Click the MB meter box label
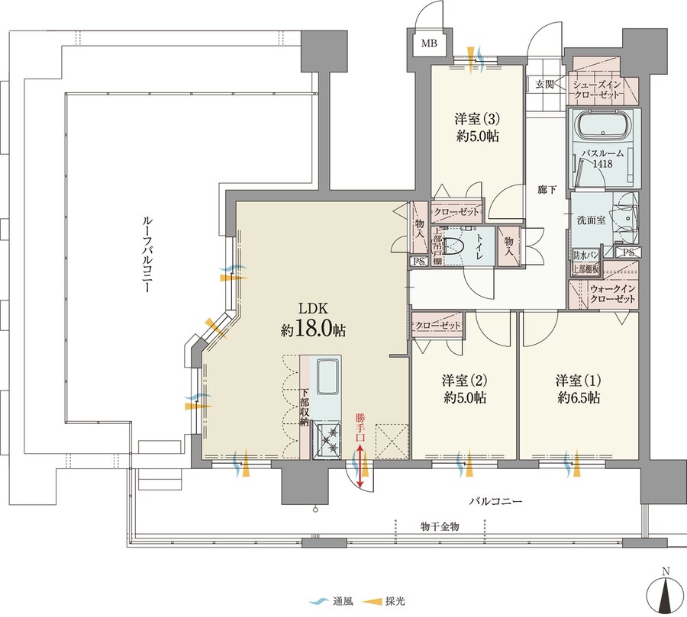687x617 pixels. (429, 43)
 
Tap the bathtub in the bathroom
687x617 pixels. (604, 126)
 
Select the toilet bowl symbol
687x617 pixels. (451, 246)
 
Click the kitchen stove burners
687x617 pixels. (327, 442)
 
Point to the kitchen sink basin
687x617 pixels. (327, 376)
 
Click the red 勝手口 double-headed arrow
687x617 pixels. (360, 466)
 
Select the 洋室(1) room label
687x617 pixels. (579, 380)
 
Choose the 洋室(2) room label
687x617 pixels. (464, 380)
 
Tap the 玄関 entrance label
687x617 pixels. (544, 84)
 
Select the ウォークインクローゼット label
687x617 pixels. (612, 294)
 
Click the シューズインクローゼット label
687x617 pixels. (597, 90)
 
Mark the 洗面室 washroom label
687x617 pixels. (591, 220)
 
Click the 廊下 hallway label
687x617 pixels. (547, 190)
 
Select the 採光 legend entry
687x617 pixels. (384, 602)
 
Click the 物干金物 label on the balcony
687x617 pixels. (440, 526)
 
